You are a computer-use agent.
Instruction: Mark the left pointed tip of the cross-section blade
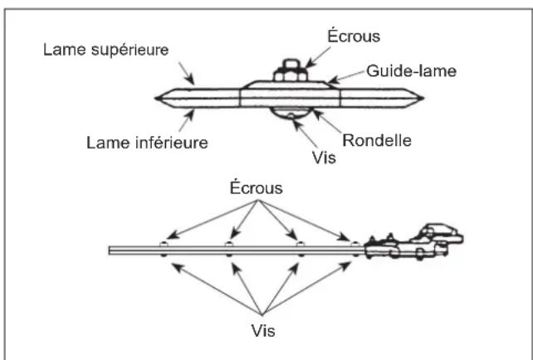coord(157,98)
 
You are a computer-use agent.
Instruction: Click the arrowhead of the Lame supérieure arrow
coord(193,83)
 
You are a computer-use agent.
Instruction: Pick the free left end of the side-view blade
coord(111,249)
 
